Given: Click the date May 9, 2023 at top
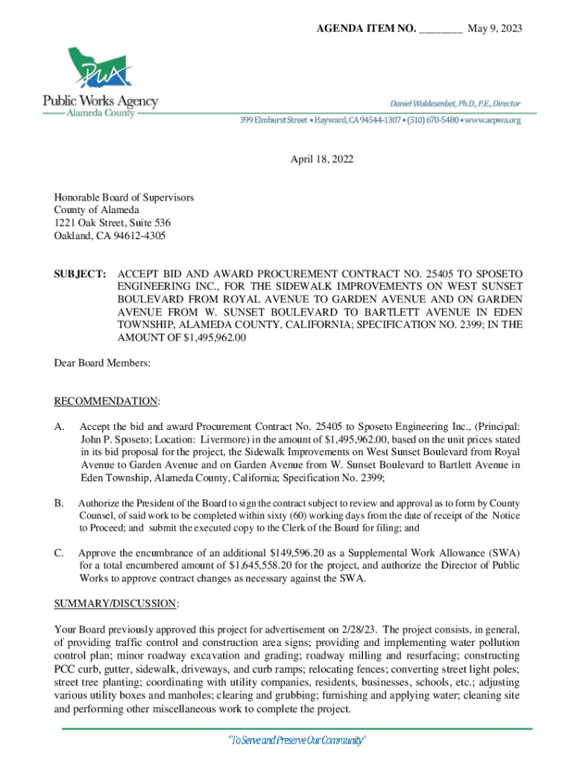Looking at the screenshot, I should (x=494, y=28).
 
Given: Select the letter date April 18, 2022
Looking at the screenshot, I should (x=322, y=159).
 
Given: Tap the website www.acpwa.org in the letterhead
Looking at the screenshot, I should (x=494, y=119).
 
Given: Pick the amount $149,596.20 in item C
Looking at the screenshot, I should (x=299, y=552).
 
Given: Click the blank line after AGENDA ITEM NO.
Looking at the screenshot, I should (x=441, y=28).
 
